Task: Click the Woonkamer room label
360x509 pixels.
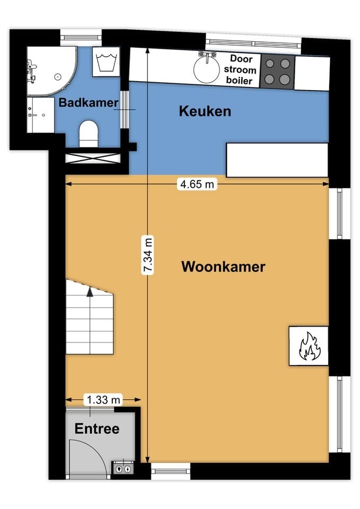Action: coord(223,266)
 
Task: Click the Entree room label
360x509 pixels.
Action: coord(96,428)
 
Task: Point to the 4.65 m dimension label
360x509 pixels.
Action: coord(197,185)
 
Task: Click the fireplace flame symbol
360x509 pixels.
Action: coord(308,346)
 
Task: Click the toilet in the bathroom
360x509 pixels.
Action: coord(89,133)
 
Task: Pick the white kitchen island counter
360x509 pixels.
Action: coord(277,160)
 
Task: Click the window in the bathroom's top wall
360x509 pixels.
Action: coord(81,37)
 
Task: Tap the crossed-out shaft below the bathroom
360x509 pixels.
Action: coord(92,158)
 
